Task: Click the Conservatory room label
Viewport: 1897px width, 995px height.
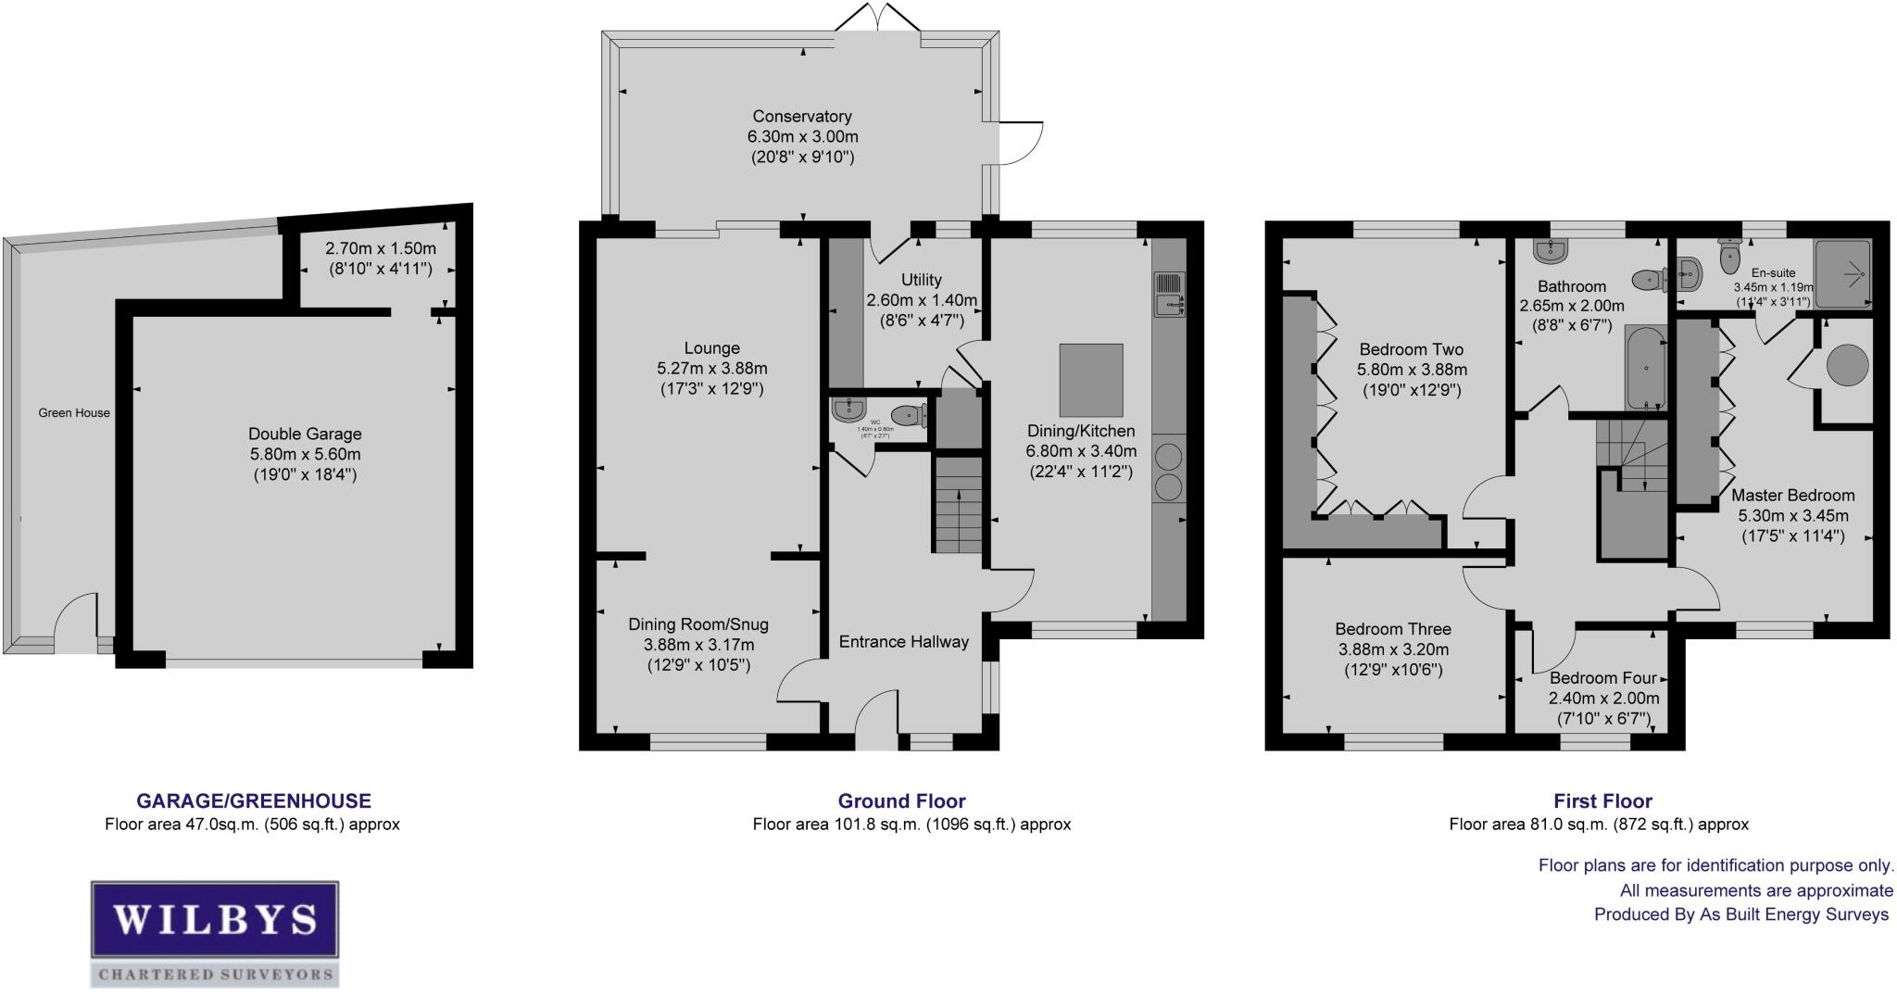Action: coord(801,117)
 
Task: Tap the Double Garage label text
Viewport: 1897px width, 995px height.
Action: coord(305,434)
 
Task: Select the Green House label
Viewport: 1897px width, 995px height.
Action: coord(74,413)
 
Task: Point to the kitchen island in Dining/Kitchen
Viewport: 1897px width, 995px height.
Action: coord(1090,380)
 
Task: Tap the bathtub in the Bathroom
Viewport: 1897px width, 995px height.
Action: coord(1645,368)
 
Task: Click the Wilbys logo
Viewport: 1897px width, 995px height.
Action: coord(214,932)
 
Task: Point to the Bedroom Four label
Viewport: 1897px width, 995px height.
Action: coord(1602,678)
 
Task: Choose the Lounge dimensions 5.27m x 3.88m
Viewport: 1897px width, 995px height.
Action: coord(711,369)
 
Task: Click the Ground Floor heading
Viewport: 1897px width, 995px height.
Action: coord(901,801)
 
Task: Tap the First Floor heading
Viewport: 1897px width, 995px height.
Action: coord(1602,801)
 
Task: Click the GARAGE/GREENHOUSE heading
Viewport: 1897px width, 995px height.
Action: coord(254,801)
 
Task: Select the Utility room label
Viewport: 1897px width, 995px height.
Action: coord(921,280)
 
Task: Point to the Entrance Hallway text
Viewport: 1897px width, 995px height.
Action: coord(903,641)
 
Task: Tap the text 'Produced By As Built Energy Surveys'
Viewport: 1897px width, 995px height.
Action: coord(1740,914)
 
